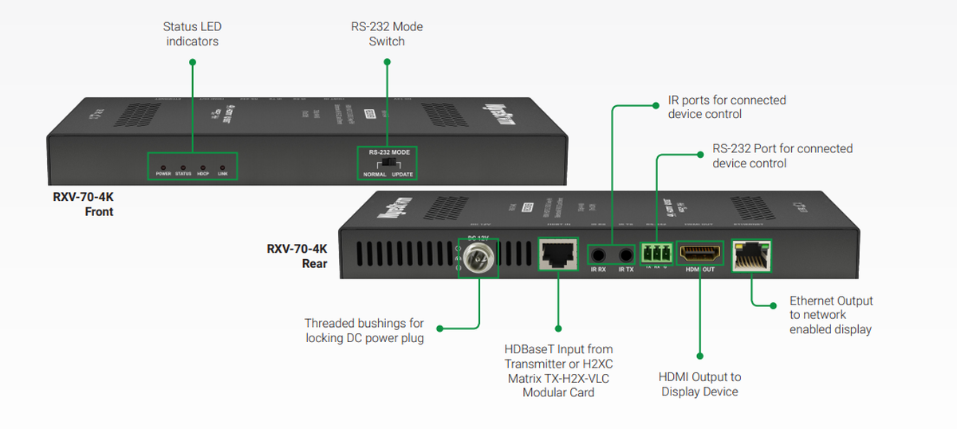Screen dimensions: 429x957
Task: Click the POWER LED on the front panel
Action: [x=163, y=166]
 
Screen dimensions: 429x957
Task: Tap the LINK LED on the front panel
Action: [x=223, y=166]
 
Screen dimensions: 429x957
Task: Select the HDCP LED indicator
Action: [x=203, y=166]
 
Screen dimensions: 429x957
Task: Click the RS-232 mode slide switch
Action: [x=388, y=163]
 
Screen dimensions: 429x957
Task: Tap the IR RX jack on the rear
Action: [x=599, y=255]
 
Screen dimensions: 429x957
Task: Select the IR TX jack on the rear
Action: [x=625, y=255]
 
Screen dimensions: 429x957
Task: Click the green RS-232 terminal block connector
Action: [x=656, y=254]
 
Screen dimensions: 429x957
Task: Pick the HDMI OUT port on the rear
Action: [x=699, y=254]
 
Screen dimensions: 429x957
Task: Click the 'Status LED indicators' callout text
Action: [x=191, y=33]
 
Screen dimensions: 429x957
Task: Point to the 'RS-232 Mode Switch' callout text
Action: [x=387, y=33]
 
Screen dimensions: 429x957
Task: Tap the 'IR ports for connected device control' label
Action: [x=727, y=107]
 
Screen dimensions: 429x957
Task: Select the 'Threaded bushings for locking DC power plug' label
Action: [x=364, y=331]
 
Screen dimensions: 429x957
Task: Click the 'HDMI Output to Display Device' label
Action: [x=699, y=384]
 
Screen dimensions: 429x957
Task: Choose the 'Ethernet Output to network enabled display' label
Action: [x=831, y=315]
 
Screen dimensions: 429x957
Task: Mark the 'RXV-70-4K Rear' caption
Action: [x=297, y=256]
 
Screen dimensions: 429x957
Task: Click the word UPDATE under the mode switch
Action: [x=403, y=174]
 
